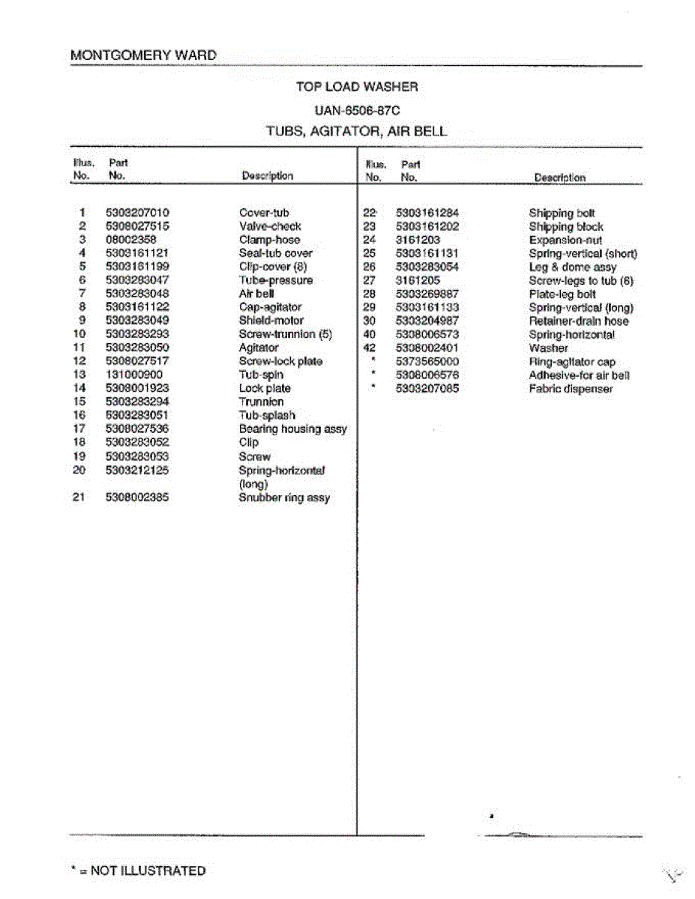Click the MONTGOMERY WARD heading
coord(143,55)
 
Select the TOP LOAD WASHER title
coord(357,87)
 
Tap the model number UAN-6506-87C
coord(357,109)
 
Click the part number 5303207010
coord(137,213)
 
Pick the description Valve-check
coord(270,226)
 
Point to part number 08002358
coord(131,240)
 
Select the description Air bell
coord(256,294)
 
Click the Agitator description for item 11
coord(259,348)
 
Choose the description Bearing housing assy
coord(292,429)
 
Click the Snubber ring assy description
coord(284,497)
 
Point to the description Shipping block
coord(566,226)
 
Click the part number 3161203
coord(418,240)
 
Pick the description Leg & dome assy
coord(573,267)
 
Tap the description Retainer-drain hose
coord(579,321)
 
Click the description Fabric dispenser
coord(571,388)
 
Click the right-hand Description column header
coord(560,178)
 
